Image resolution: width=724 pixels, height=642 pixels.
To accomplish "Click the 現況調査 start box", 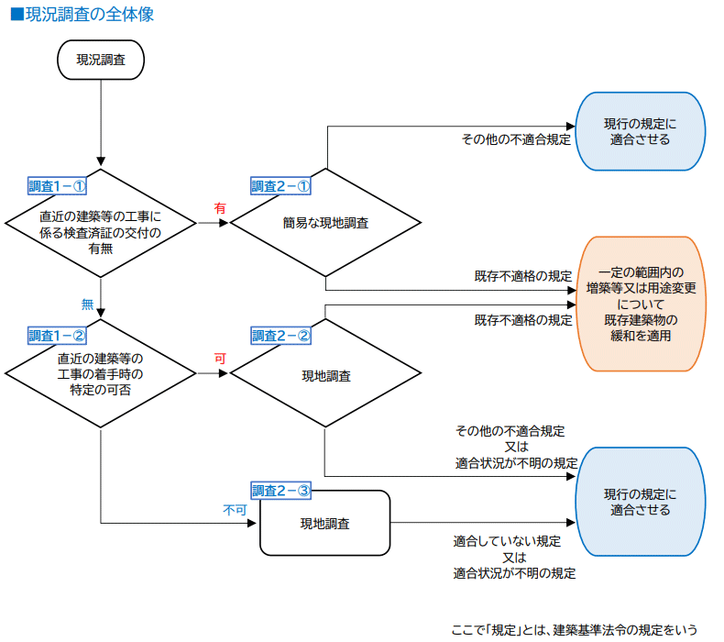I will (x=100, y=59).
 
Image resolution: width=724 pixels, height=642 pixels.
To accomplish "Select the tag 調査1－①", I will (x=57, y=186).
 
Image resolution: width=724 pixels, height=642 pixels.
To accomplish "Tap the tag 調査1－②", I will (x=57, y=335).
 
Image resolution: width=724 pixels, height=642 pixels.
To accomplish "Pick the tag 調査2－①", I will (x=280, y=186).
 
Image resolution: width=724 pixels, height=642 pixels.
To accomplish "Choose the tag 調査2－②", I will (x=280, y=336).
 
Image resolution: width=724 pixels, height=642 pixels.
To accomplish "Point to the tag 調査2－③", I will (x=280, y=491).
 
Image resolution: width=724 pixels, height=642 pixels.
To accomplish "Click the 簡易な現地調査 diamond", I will (x=325, y=223).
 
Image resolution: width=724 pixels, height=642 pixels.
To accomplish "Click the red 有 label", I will (x=220, y=209).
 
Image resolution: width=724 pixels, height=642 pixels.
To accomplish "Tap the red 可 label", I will (x=220, y=359).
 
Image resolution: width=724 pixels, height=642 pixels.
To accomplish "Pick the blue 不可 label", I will (x=235, y=510).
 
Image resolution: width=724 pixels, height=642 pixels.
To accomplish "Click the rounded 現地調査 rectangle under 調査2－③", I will (x=325, y=524).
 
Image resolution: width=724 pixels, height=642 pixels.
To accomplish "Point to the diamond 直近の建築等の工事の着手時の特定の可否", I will (x=100, y=373).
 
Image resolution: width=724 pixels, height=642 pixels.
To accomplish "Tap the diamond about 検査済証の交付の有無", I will (x=100, y=223).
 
